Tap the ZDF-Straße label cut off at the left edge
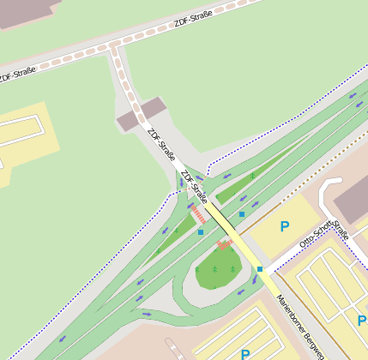16,75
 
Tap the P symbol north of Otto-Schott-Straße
285,226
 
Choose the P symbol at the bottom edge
245,353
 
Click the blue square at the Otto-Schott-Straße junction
259,269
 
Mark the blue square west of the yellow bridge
201,231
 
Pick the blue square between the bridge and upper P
242,213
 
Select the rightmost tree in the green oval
232,269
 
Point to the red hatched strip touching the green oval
225,245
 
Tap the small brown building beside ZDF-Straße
140,115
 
